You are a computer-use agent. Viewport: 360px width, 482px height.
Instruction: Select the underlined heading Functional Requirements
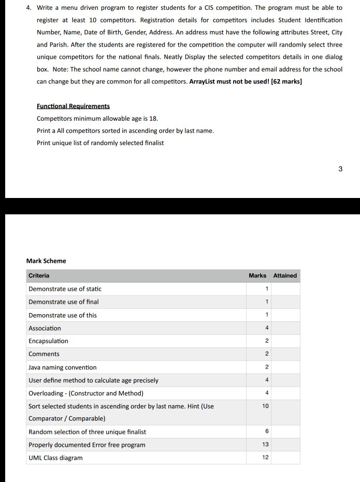73,106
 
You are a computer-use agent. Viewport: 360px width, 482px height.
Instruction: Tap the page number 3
340,168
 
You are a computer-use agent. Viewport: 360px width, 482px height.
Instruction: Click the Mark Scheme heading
46,261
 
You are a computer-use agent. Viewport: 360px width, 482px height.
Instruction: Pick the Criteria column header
39,276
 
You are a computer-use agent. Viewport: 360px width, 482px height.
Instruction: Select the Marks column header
257,276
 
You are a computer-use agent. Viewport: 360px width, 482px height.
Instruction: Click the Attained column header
285,276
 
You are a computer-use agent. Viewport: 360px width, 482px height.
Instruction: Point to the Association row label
45,328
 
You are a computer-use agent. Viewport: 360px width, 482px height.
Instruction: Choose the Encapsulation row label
48,341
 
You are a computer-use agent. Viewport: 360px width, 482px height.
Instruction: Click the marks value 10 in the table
265,406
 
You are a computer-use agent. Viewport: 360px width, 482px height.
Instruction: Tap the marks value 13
265,445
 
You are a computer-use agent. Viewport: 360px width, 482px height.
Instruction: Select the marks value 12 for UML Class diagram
265,458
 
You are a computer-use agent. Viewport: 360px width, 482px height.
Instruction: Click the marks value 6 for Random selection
266,432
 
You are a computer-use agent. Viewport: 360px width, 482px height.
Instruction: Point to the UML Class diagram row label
55,458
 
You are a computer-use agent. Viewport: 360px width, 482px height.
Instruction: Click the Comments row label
44,354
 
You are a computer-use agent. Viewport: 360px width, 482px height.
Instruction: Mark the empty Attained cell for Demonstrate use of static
285,289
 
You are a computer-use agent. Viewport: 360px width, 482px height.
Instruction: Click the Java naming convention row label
62,367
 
